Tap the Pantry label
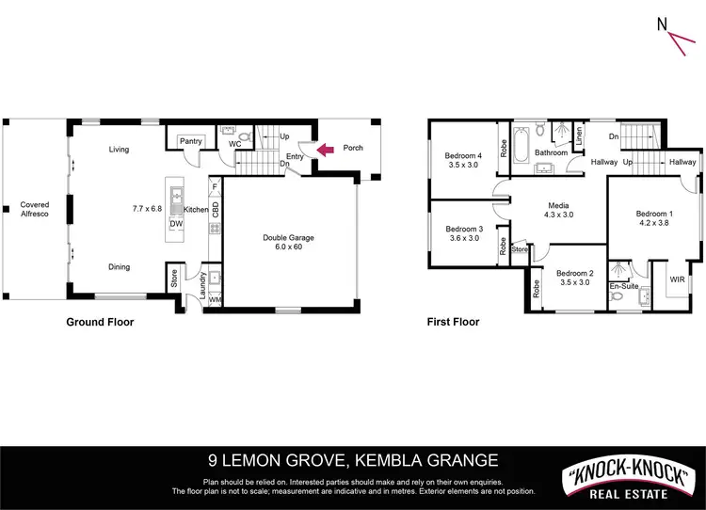click(191, 141)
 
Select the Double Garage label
click(288, 237)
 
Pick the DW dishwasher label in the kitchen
click(176, 225)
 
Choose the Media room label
click(559, 205)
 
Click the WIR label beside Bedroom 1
click(677, 279)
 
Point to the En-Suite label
click(622, 285)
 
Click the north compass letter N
click(663, 24)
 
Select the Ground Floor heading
click(100, 322)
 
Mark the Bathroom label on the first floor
click(551, 152)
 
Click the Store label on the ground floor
click(174, 279)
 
